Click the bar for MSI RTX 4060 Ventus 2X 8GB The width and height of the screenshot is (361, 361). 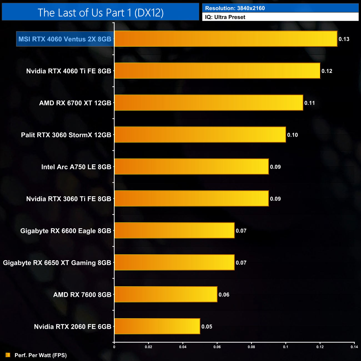click(x=226, y=39)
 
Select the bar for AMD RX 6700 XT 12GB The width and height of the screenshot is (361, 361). click(x=209, y=103)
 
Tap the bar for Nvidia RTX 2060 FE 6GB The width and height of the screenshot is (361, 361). click(x=157, y=326)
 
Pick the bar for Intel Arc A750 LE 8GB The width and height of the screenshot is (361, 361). click(x=192, y=167)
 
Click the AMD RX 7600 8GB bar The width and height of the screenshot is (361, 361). click(x=166, y=294)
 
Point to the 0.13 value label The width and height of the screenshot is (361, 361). click(x=344, y=39)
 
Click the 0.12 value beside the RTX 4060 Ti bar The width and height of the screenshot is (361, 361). click(x=327, y=71)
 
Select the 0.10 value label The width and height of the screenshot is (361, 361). click(x=292, y=135)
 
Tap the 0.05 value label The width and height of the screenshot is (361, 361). click(x=207, y=327)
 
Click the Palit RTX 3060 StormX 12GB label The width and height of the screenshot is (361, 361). click(x=66, y=135)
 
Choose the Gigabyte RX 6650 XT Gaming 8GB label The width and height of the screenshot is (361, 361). click(x=57, y=263)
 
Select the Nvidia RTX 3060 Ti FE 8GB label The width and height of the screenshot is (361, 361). click(x=69, y=199)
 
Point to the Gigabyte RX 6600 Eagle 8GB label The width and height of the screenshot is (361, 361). click(x=66, y=231)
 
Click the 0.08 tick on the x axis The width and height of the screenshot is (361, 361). click(x=251, y=347)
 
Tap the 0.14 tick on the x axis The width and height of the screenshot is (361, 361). click(x=354, y=347)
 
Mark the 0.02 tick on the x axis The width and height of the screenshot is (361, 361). click(x=149, y=347)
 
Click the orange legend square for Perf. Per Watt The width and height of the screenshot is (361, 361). click(x=8, y=355)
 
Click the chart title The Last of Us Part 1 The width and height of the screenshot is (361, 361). click(x=101, y=13)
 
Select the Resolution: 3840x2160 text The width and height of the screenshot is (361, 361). click(x=235, y=8)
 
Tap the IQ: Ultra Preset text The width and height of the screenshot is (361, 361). click(x=225, y=17)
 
